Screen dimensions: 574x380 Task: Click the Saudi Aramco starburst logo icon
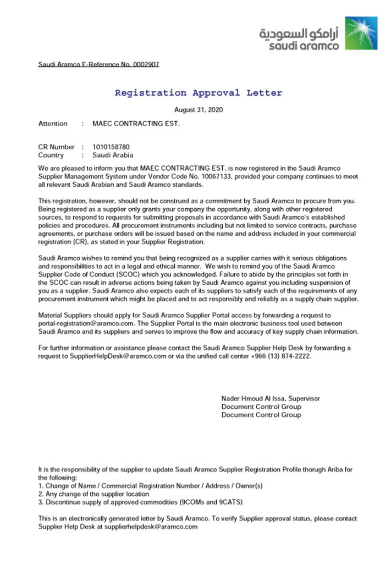[361, 33]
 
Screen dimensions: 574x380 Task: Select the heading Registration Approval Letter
[198, 93]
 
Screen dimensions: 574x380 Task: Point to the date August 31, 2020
[199, 110]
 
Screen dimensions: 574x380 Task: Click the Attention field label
[53, 123]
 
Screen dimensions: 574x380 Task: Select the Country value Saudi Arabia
[113, 155]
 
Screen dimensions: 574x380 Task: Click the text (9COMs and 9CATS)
[211, 502]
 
